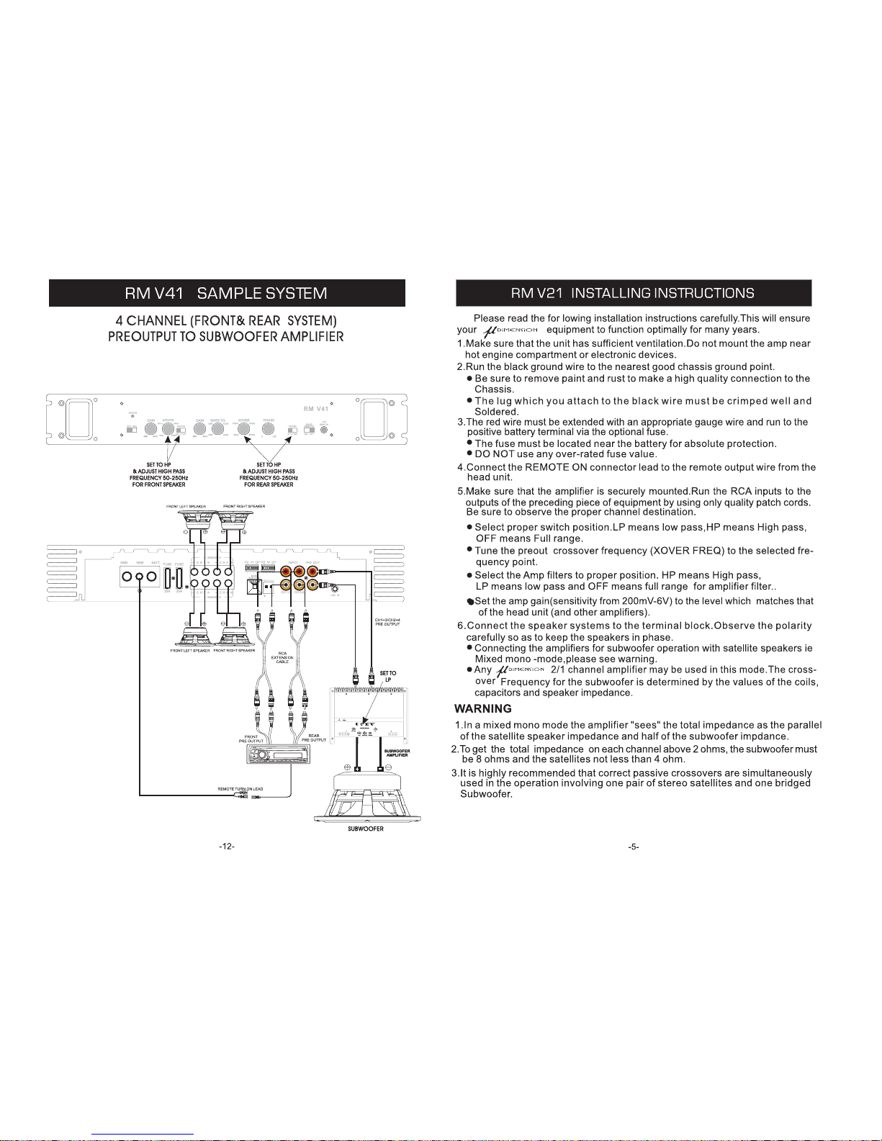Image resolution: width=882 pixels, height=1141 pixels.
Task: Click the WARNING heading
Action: coord(483,708)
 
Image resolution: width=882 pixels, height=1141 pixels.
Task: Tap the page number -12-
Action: coord(227,847)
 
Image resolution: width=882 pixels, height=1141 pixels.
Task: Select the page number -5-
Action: coord(634,847)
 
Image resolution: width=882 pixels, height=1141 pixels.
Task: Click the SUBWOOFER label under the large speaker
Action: coord(367,829)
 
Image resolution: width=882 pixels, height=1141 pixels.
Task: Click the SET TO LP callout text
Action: coord(388,677)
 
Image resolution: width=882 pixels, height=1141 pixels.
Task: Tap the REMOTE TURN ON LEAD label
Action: coord(240,789)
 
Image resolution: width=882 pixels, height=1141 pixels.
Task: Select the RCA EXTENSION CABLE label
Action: coord(282,657)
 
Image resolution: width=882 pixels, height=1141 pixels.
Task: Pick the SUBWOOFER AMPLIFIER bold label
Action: coord(397,753)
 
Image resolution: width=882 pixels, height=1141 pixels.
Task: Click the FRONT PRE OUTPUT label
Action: coord(251,739)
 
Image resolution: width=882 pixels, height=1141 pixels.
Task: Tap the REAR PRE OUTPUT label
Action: coord(314,739)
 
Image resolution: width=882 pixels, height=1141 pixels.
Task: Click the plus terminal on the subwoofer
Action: coord(356,769)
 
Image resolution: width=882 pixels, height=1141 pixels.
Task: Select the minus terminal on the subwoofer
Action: coord(380,769)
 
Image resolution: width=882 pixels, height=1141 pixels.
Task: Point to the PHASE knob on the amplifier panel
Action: coord(269,430)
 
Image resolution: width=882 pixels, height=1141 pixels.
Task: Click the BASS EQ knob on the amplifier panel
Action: coord(217,430)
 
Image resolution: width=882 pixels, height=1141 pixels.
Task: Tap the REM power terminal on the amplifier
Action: coord(139,577)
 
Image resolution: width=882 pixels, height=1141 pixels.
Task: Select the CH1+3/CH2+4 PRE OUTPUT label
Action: coord(387,622)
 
